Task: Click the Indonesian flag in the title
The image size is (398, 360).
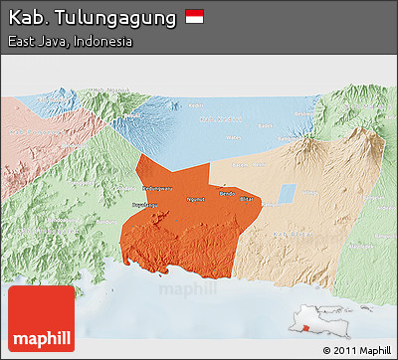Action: click(194, 18)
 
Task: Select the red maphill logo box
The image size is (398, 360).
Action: click(40, 319)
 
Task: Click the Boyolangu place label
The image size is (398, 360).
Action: click(132, 202)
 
